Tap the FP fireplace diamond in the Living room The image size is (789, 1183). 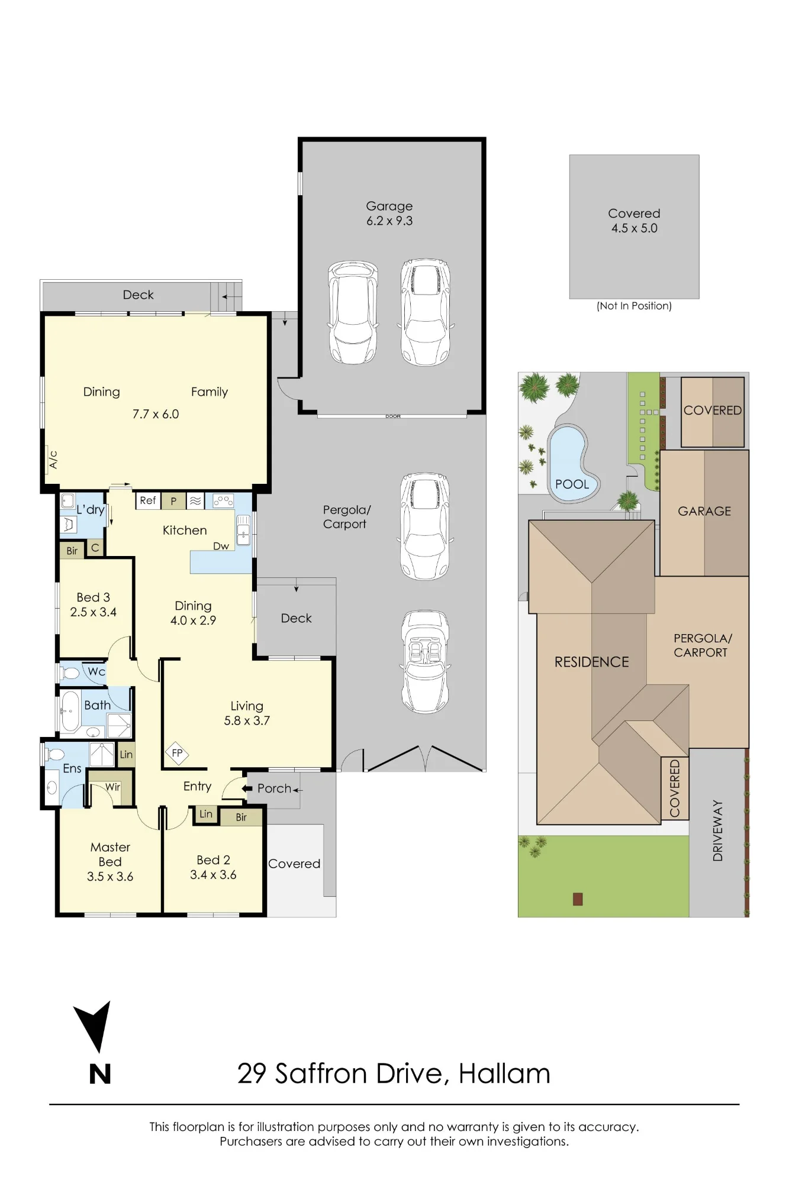(x=177, y=753)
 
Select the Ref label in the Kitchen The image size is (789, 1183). (x=148, y=500)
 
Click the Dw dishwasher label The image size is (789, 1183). (x=221, y=546)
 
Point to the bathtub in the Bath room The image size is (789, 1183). (x=70, y=712)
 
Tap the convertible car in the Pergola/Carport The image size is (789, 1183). (x=425, y=662)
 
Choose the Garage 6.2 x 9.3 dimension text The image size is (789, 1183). (x=389, y=221)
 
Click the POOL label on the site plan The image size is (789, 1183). (x=572, y=484)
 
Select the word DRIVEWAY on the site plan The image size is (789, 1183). (x=717, y=830)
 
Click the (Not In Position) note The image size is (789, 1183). (x=634, y=306)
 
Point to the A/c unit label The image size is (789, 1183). (x=53, y=460)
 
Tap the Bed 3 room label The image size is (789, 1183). (x=94, y=597)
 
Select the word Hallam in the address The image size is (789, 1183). (x=504, y=1074)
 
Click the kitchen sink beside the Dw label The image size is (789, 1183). (x=243, y=529)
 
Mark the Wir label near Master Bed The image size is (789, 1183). (x=112, y=787)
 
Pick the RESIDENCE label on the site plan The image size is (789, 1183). (x=591, y=662)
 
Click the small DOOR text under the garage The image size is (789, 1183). (x=393, y=416)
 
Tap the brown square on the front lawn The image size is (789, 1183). (x=578, y=899)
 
